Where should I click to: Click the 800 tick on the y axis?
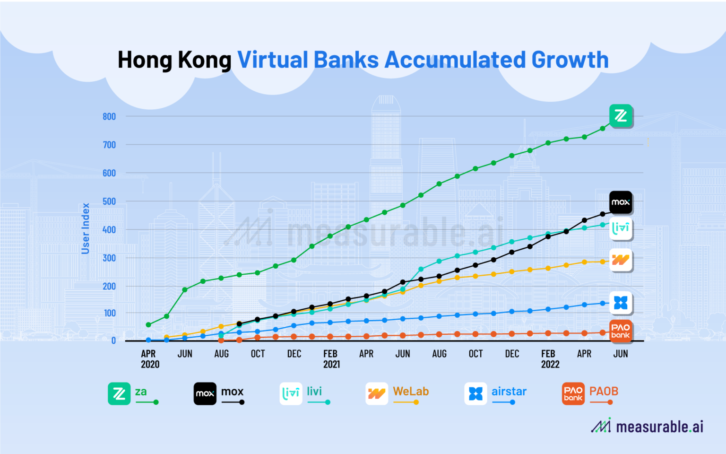pyautogui.click(x=109, y=116)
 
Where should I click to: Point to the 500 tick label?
pyautogui.click(x=109, y=201)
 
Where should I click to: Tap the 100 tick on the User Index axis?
pyautogui.click(x=109, y=313)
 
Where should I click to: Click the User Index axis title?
pyautogui.click(x=86, y=228)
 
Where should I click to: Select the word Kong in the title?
pyautogui.click(x=204, y=60)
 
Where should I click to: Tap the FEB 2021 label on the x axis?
pyautogui.click(x=331, y=359)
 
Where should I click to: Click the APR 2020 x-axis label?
pyautogui.click(x=149, y=359)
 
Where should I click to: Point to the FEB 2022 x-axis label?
pyautogui.click(x=549, y=359)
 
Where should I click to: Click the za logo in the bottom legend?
pyautogui.click(x=119, y=393)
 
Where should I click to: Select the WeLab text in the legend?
pyautogui.click(x=411, y=392)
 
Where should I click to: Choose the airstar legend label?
pyautogui.click(x=509, y=392)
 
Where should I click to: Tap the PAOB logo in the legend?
pyautogui.click(x=573, y=393)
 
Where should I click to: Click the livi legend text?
pyautogui.click(x=314, y=392)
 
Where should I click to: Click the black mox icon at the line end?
pyautogui.click(x=621, y=202)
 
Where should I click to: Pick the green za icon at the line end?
pyautogui.click(x=621, y=116)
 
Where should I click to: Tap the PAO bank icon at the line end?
pyautogui.click(x=621, y=331)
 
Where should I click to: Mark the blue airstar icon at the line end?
pyautogui.click(x=621, y=303)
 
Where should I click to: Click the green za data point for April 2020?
pyautogui.click(x=148, y=325)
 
